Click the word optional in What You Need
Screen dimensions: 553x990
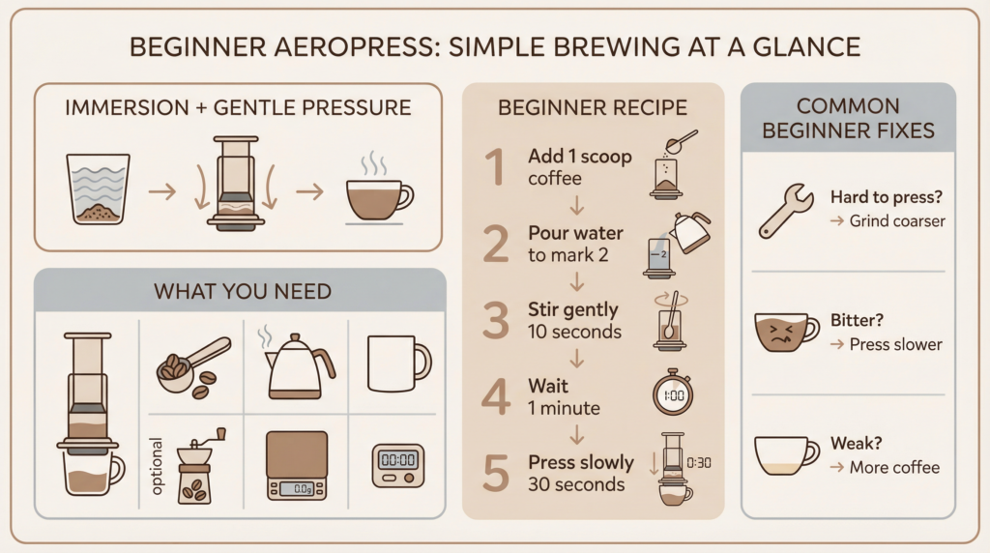tap(158, 468)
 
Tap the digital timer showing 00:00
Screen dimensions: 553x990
tap(398, 460)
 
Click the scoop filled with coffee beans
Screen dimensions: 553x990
tap(191, 365)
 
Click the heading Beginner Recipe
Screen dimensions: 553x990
tap(593, 107)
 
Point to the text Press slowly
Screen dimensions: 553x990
tap(580, 462)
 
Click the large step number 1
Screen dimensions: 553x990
tap(493, 165)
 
